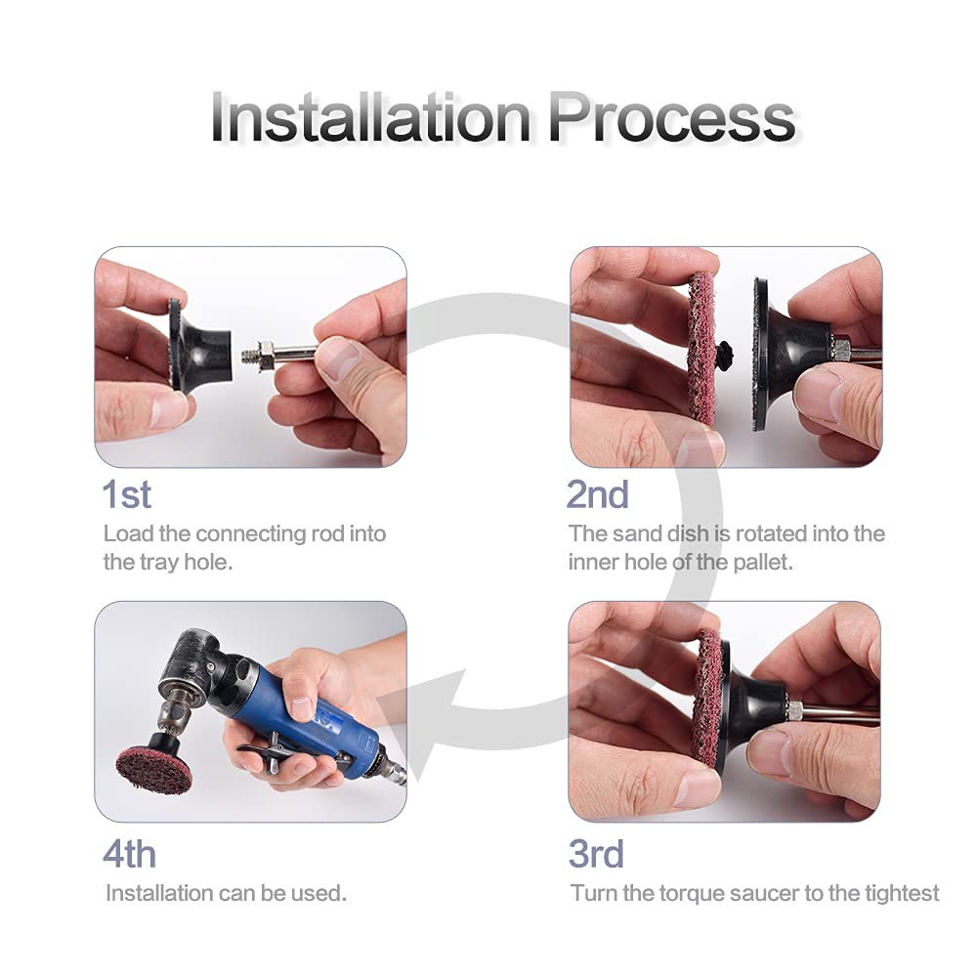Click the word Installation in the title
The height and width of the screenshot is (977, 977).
coord(370,117)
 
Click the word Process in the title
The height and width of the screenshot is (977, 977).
coord(673,117)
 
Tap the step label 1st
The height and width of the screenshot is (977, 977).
coord(126,494)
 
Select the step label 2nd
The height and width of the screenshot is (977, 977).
coord(597,494)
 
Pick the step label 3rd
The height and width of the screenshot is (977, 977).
coord(596,854)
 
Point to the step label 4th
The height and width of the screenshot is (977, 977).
coord(129,854)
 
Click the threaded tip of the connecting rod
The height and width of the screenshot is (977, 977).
coord(250,355)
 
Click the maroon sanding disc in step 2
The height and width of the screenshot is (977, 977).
coord(701,346)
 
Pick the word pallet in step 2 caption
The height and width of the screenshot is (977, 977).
coord(763,563)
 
